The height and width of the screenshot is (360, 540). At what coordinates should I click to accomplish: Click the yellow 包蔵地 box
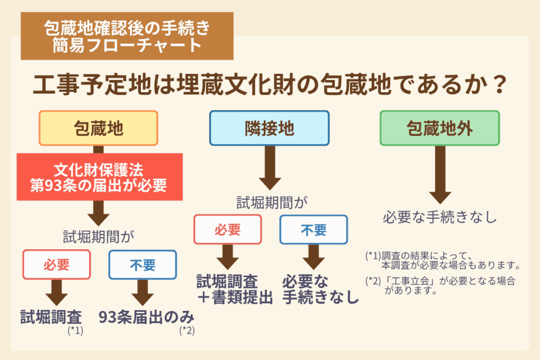click(x=98, y=128)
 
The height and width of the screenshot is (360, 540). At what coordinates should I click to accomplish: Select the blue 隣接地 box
click(x=269, y=128)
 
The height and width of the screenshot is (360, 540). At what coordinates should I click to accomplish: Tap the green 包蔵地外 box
click(x=439, y=128)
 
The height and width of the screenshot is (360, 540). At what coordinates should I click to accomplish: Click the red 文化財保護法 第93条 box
click(x=100, y=177)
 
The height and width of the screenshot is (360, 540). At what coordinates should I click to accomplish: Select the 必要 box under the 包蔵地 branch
click(x=56, y=264)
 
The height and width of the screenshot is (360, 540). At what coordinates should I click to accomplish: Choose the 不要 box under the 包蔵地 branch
click(x=142, y=264)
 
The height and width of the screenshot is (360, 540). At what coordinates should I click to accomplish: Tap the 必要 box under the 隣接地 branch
click(x=227, y=229)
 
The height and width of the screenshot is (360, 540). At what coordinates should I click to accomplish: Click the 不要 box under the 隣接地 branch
click(x=313, y=229)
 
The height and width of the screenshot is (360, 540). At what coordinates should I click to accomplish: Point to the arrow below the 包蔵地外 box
click(x=439, y=177)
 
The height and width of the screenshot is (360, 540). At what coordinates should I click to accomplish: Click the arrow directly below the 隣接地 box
click(x=269, y=168)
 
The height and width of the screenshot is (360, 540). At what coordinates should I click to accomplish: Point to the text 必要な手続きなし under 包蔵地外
click(x=439, y=217)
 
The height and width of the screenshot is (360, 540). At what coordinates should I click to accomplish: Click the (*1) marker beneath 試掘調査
click(x=75, y=331)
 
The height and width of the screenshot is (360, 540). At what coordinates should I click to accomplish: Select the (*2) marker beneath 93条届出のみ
click(x=187, y=331)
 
